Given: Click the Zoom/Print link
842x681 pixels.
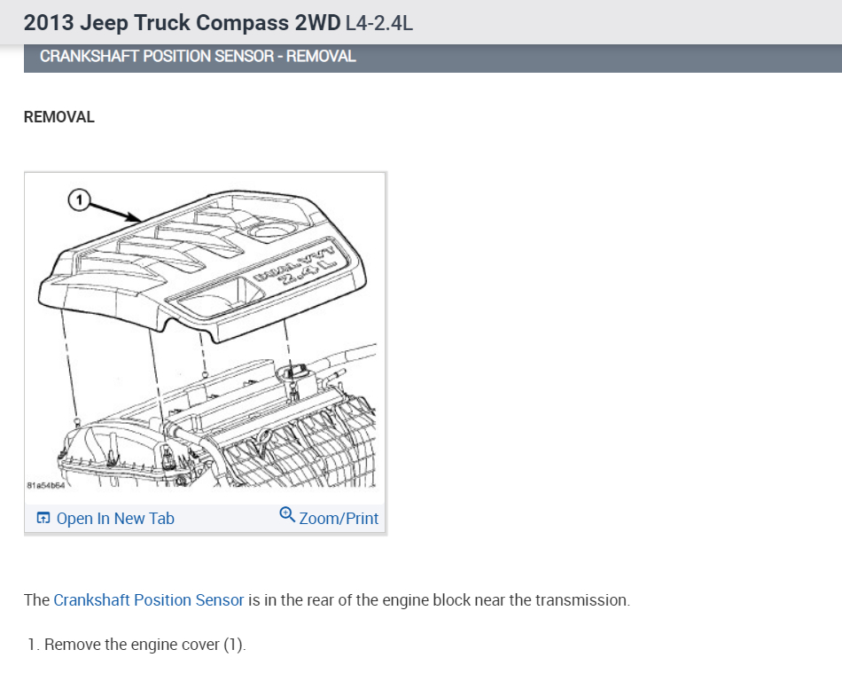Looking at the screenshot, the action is [339, 519].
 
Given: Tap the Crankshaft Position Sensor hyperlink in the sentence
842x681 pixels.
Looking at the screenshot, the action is [148, 600].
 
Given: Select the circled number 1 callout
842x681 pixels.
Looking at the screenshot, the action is [78, 201].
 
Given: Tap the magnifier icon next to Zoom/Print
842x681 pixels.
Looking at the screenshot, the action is [287, 515].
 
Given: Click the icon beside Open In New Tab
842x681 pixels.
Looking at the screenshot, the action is [43, 519].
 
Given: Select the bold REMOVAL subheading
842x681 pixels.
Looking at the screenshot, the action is [58, 117].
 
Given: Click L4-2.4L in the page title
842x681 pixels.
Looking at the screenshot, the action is [379, 22].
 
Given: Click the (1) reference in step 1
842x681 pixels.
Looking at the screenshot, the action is [232, 645].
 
